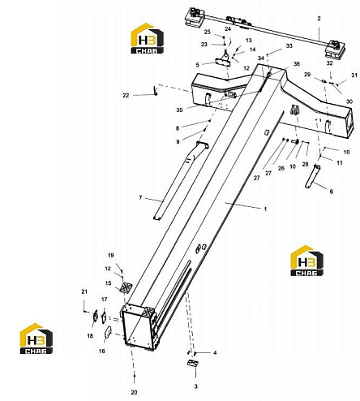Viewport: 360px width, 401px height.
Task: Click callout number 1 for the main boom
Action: tap(265, 209)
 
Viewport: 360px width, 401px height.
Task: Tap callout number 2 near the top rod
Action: tap(319, 19)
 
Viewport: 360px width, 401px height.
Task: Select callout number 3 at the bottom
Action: tap(196, 386)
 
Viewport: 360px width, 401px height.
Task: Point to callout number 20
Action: tap(134, 392)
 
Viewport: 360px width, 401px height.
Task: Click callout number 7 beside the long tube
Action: tap(140, 198)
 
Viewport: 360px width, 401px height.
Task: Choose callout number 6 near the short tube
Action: tap(332, 192)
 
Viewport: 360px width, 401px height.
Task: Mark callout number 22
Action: tap(126, 95)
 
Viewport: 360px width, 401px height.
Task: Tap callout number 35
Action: tap(179, 110)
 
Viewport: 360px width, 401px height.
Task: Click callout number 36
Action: tap(297, 64)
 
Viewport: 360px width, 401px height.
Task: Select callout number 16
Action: tap(101, 351)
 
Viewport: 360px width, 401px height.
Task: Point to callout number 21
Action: tap(84, 291)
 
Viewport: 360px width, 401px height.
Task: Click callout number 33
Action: tap(289, 45)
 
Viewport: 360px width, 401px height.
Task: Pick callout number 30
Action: tap(349, 101)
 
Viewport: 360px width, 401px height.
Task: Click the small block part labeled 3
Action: tap(193, 363)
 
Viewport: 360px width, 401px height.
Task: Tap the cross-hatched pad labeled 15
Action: tap(126, 287)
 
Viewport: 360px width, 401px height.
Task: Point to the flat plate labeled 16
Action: tap(108, 332)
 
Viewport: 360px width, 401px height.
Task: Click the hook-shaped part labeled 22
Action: tap(155, 90)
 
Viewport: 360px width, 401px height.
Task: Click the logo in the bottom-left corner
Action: tap(36, 338)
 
